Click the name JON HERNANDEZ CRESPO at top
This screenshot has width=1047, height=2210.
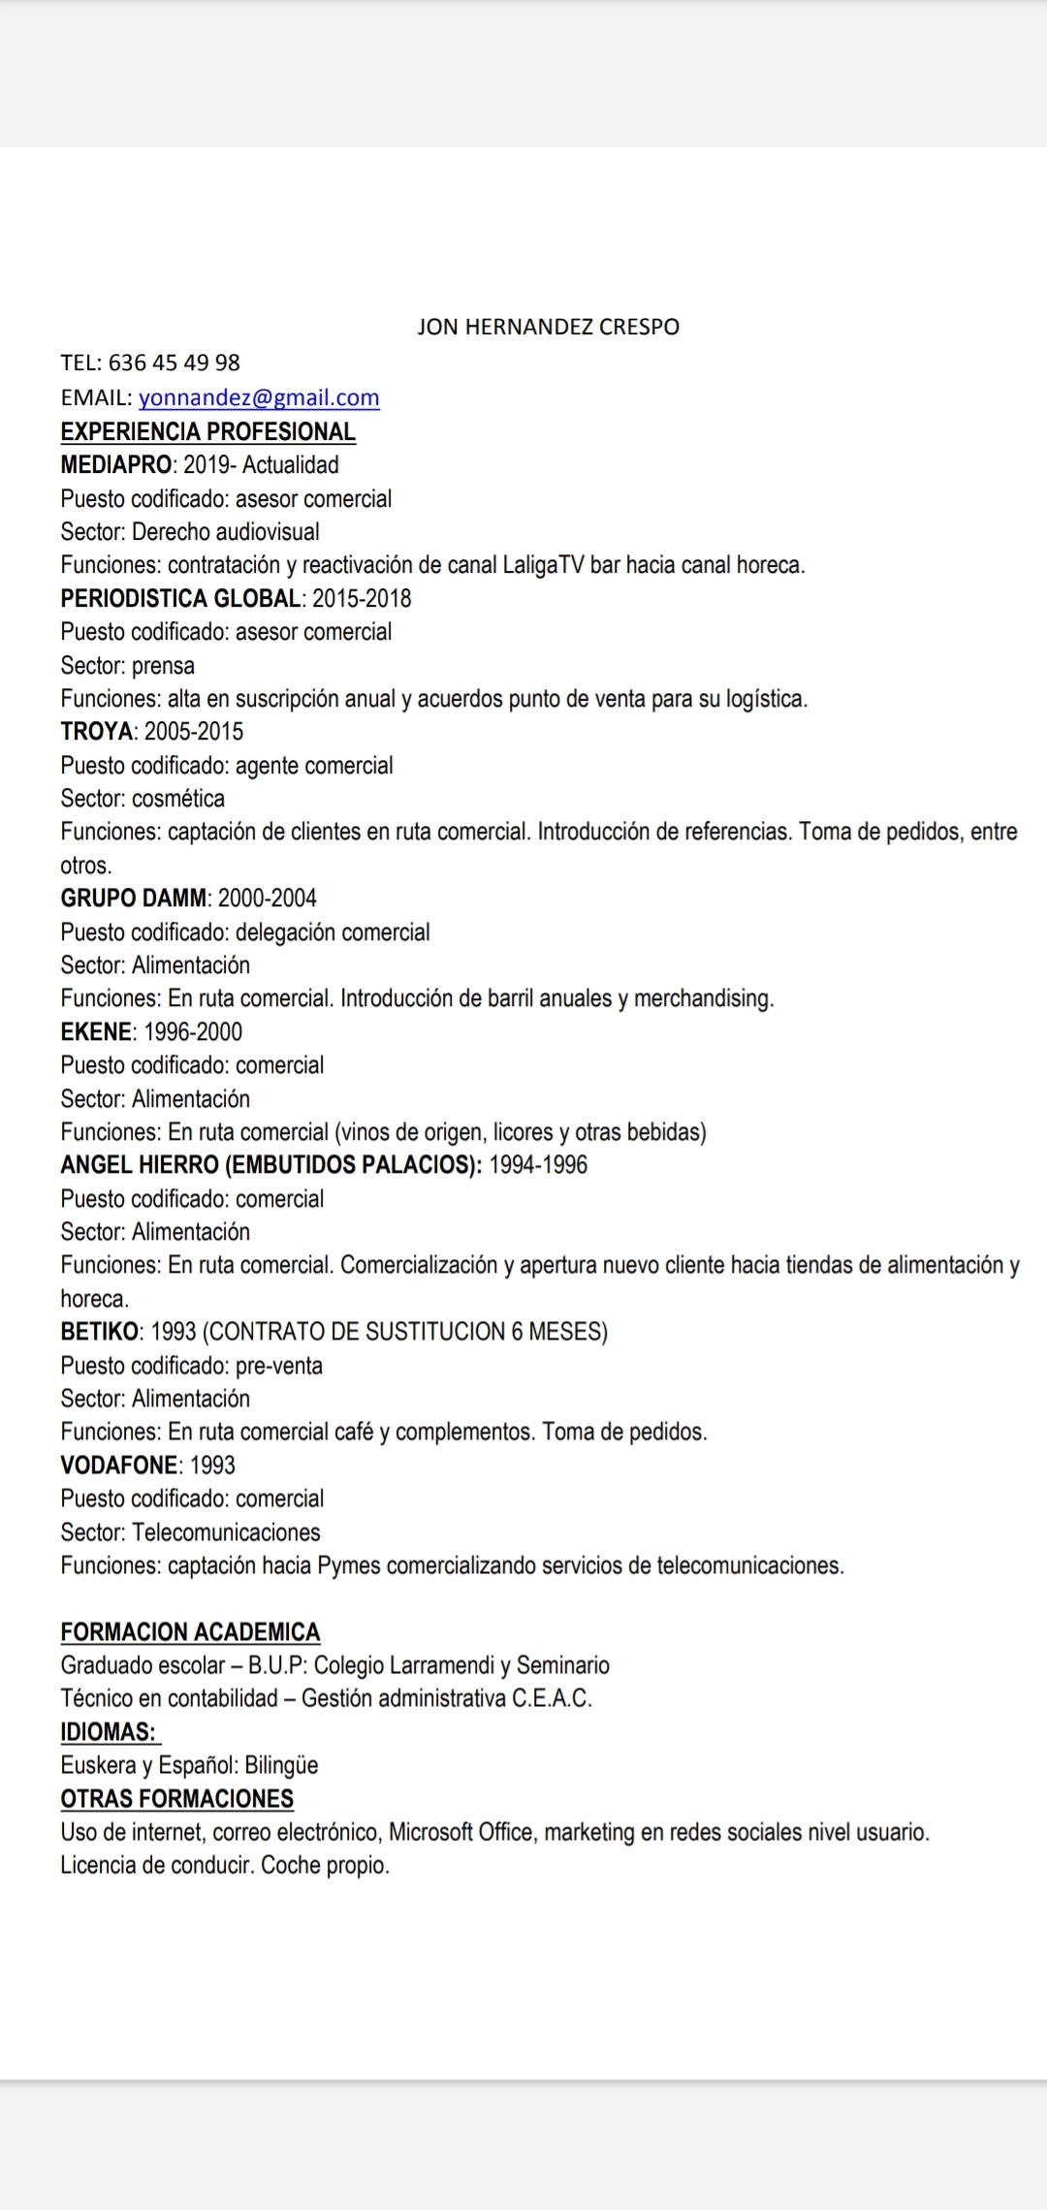(548, 327)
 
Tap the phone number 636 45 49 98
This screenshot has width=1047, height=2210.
(174, 363)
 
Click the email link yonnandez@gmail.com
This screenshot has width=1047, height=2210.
(259, 397)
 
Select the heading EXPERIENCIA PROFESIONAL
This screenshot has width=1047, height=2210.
(207, 431)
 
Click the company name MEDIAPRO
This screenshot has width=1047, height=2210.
(115, 465)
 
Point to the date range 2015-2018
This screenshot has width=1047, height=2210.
(362, 598)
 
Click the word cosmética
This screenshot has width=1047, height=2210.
(177, 799)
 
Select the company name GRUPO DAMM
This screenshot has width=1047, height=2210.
(134, 899)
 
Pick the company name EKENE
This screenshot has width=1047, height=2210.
(96, 1032)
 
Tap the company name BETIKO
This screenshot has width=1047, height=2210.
(100, 1332)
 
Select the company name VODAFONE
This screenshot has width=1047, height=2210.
(119, 1466)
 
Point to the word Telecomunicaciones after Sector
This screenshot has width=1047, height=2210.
(226, 1532)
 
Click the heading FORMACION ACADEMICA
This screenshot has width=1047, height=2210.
(190, 1632)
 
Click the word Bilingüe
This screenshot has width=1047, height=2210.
(281, 1765)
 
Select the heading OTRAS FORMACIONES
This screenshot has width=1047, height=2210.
(176, 1799)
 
